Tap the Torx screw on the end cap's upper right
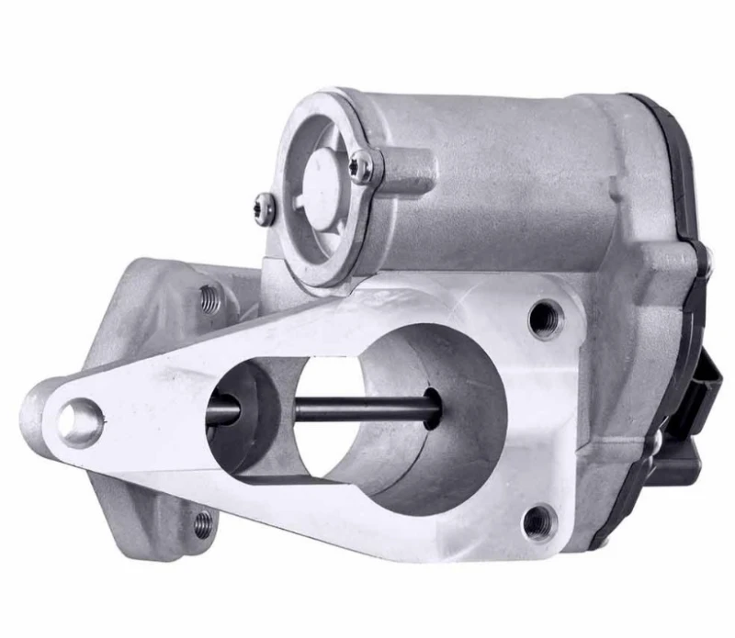point(364,165)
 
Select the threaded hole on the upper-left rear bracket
point(209,297)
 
